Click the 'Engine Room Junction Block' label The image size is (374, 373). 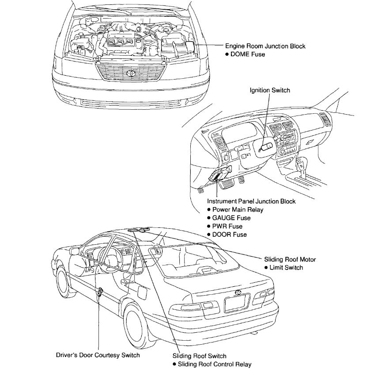[x=265, y=46]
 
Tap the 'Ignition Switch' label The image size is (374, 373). [x=270, y=90]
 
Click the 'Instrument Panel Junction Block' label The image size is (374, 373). [x=251, y=201]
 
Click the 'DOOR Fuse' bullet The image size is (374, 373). [x=228, y=235]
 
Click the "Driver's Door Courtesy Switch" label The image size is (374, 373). [x=98, y=355]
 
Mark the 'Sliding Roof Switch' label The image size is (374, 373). [x=199, y=356]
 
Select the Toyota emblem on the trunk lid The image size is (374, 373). [x=238, y=292]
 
